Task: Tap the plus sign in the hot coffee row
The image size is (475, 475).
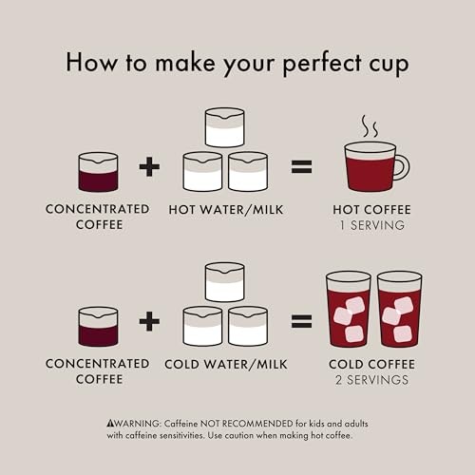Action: [149, 168]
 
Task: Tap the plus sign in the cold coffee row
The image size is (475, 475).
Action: [149, 321]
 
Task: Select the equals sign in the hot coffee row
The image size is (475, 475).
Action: [301, 168]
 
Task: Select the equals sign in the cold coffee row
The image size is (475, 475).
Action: [301, 321]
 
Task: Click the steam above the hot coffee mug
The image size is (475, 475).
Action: [370, 126]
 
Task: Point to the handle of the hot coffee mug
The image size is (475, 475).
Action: [402, 167]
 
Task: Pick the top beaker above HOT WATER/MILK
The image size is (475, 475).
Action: [225, 128]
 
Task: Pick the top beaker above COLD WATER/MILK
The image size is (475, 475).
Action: [225, 282]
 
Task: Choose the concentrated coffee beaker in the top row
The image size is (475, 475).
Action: [98, 172]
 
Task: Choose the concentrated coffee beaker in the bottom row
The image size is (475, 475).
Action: [98, 326]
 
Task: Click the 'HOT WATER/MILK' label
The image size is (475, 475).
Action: [226, 209]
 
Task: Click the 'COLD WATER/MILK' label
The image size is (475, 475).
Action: [224, 364]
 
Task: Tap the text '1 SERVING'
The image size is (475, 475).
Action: [370, 225]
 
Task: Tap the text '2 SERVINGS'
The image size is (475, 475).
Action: [370, 380]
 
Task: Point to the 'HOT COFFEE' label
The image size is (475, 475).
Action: [370, 209]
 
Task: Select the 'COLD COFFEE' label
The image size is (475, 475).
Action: [370, 364]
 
